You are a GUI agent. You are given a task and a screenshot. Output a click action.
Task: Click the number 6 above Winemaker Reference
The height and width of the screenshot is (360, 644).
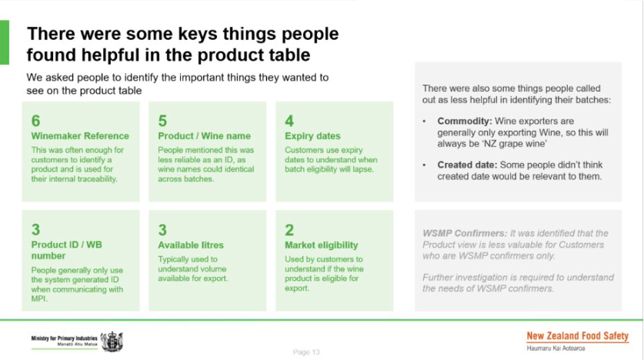(x=35, y=121)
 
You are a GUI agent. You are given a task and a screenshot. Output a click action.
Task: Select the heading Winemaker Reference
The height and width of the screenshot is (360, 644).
(x=80, y=136)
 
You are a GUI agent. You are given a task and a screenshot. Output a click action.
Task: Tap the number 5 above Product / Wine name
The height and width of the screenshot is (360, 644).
(x=162, y=121)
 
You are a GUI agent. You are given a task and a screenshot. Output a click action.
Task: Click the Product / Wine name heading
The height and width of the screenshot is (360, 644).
(x=204, y=136)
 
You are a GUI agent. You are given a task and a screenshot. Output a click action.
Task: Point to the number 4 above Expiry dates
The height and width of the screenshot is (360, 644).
(x=289, y=121)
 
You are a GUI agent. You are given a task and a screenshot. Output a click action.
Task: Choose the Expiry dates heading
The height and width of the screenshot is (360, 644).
(x=312, y=136)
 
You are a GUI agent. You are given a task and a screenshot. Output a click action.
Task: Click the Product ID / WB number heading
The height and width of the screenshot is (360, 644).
(x=66, y=250)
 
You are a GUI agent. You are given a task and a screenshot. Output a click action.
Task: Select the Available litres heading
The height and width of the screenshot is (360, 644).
(x=191, y=245)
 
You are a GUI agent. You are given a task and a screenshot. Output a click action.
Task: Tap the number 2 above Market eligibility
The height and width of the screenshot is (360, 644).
(x=289, y=230)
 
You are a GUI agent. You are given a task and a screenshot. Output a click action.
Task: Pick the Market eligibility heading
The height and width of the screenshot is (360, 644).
(x=321, y=245)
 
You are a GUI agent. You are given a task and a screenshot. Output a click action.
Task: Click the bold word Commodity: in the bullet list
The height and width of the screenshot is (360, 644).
(x=465, y=121)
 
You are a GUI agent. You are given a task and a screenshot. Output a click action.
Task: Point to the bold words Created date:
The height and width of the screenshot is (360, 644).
(x=467, y=165)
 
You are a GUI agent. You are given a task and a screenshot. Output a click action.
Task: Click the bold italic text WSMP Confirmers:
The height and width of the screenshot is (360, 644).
(x=465, y=233)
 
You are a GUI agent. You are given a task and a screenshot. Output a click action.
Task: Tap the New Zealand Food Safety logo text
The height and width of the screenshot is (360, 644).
(x=578, y=336)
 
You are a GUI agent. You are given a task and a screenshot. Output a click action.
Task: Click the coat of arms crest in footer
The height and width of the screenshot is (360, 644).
(x=112, y=342)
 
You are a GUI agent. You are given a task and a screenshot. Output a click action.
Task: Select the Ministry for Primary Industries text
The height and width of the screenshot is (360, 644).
(x=64, y=338)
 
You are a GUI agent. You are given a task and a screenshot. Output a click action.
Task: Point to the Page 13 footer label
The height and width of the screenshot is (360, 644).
(x=306, y=352)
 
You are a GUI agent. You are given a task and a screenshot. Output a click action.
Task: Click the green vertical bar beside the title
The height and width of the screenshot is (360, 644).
(x=5, y=42)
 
